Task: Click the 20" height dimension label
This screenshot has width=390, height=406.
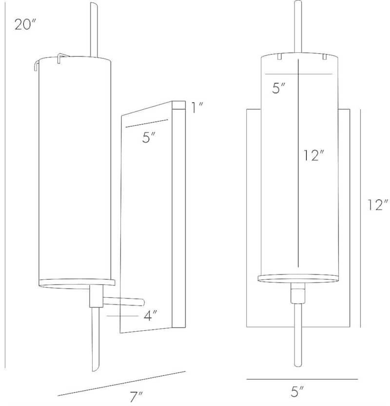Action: coord(24,24)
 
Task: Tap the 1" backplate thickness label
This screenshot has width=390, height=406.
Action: coord(197,107)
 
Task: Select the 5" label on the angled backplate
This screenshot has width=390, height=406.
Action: coord(149,137)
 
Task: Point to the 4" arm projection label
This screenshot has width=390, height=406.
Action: coord(150,316)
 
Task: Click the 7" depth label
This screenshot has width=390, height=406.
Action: coord(136,397)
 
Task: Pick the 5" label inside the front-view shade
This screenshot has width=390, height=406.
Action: coord(278,88)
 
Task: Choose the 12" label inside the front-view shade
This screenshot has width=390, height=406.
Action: coord(314,155)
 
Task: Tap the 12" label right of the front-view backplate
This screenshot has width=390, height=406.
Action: coord(378,205)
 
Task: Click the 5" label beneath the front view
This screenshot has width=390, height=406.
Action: coord(297,391)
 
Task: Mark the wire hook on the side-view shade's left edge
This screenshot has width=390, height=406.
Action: coord(36,65)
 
